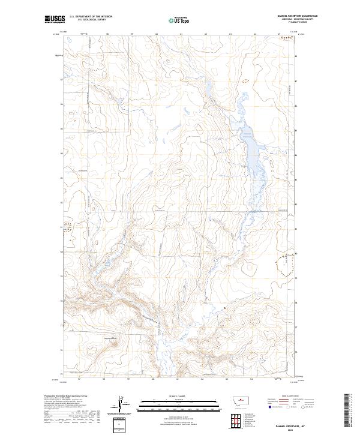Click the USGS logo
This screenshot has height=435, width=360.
tap(55, 20)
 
